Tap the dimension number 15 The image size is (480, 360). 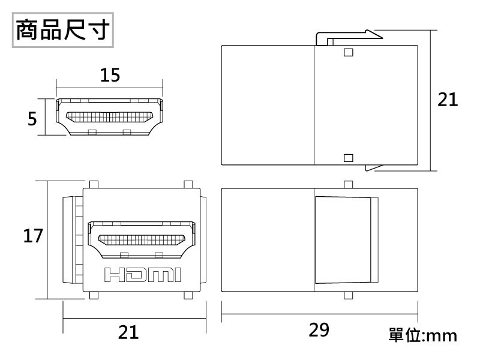[x=110, y=75]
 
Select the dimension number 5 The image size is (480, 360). [x=32, y=119]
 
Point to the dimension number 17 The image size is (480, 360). [x=32, y=236]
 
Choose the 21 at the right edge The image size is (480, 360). [x=448, y=100]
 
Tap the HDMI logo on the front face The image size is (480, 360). [x=142, y=275]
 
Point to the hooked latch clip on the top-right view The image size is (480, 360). [x=348, y=37]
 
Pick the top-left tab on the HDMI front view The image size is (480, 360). [x=94, y=184]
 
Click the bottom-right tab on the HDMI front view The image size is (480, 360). [x=188, y=296]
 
